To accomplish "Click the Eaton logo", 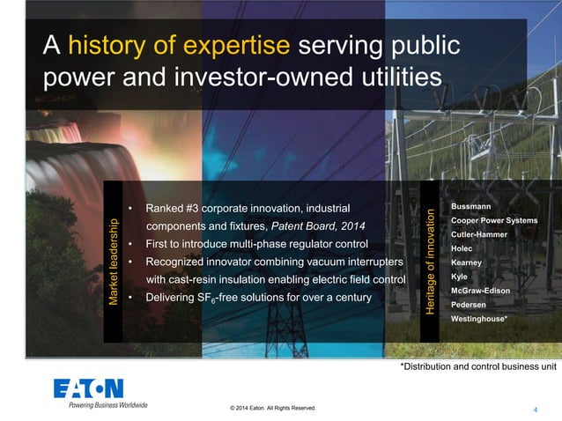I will [88, 388].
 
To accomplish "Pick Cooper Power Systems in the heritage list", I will [493, 219].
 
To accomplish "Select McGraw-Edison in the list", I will [480, 290].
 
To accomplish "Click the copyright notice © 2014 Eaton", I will [270, 409].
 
